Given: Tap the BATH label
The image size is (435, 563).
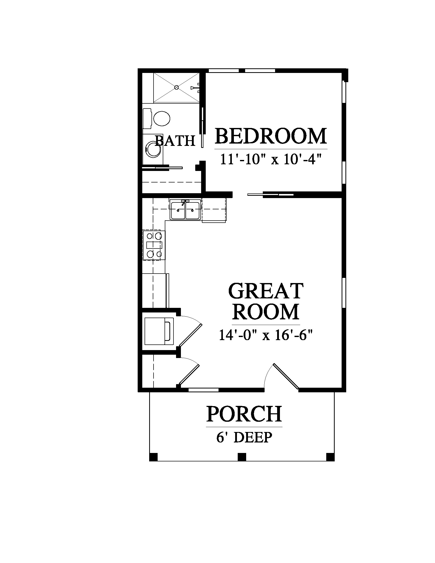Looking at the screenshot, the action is coord(175,141).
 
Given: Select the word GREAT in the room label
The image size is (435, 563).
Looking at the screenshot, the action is coord(266,291).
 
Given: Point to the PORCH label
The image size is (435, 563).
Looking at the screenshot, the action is coord(244,414).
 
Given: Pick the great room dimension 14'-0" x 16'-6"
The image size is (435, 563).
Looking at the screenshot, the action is coord(266,335).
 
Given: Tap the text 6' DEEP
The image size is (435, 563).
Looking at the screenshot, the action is coord(244,437).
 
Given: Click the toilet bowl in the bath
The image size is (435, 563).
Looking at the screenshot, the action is coord(161,118).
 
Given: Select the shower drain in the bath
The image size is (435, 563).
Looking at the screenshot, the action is coord(177,87).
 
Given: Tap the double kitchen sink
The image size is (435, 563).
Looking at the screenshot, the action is coord(185,210).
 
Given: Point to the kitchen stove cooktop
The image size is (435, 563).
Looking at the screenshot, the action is coord(154,245).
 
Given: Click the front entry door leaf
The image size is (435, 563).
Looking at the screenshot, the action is coord(286,376).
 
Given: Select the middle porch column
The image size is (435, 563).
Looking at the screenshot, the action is coord(242,457).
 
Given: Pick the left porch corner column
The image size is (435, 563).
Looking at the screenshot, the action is coord(153,457).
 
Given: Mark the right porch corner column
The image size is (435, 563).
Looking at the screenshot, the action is coord(330,457).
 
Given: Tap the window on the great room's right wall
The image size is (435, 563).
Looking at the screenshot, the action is coord(344,293).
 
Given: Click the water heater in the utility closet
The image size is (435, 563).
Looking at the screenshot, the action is coord(159,331).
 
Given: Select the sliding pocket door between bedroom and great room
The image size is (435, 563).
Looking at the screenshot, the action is coord(270,194).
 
